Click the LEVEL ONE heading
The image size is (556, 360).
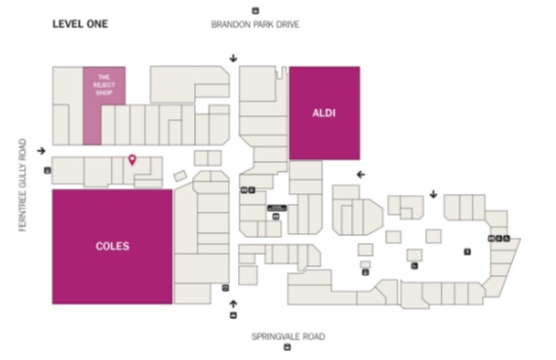(80, 21)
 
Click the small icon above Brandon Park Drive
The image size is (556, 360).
(256, 10)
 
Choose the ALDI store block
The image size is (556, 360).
(324, 113)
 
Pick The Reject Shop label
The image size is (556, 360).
(104, 85)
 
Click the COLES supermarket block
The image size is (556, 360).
(112, 246)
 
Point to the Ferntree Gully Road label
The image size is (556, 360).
(20, 184)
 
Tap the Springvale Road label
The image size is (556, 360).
(288, 337)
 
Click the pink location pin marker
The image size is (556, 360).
(133, 160)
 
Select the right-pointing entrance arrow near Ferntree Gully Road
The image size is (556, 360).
(41, 150)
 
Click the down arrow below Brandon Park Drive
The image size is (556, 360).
(232, 58)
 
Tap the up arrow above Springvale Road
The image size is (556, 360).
(232, 303)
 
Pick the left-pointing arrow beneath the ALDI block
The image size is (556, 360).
(360, 174)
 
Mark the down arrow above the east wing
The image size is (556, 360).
(433, 193)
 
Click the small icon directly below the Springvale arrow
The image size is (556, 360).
(232, 316)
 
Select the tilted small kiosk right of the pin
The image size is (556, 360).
(179, 176)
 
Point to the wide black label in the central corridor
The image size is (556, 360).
(276, 208)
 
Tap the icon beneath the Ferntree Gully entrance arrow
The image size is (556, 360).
(47, 170)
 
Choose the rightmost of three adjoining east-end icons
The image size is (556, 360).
(507, 239)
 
